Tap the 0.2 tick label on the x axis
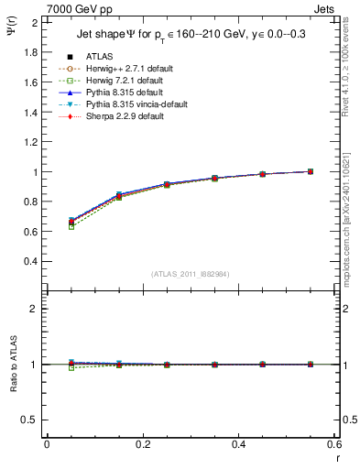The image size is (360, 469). click(x=143, y=443)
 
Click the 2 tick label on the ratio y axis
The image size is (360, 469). click(x=36, y=309)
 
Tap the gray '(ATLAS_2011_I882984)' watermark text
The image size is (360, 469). click(x=191, y=274)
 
